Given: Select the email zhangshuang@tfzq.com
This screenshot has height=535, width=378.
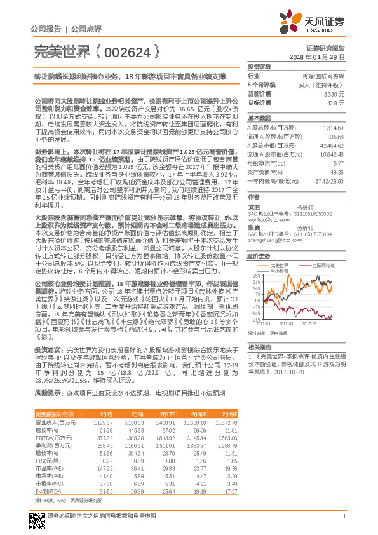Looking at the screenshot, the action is click(x=268, y=241).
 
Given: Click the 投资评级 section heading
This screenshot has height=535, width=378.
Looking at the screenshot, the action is click(x=259, y=66).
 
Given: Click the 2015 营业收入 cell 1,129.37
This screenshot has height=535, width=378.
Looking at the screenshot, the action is click(x=103, y=422).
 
